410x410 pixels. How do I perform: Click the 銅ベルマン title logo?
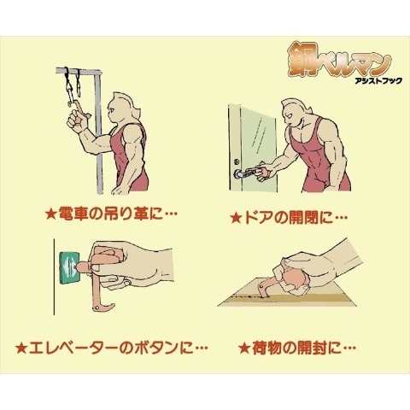click(x=339, y=59)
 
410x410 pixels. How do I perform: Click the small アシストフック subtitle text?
click(x=378, y=81)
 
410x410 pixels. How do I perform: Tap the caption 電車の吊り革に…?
click(x=118, y=213)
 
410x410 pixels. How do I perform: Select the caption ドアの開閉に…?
click(x=296, y=218)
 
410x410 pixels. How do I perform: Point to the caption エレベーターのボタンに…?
click(x=118, y=348)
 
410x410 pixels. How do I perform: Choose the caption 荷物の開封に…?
click(x=304, y=348)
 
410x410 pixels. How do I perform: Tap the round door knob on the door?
click(x=237, y=173)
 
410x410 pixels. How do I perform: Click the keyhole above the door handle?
click(x=236, y=162)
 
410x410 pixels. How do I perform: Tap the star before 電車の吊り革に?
click(x=51, y=214)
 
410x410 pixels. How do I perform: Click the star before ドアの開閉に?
click(x=236, y=219)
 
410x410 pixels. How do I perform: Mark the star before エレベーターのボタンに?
click(x=21, y=348)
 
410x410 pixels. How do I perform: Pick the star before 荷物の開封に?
click(x=244, y=348)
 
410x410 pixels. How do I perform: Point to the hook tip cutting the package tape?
click(x=260, y=293)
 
